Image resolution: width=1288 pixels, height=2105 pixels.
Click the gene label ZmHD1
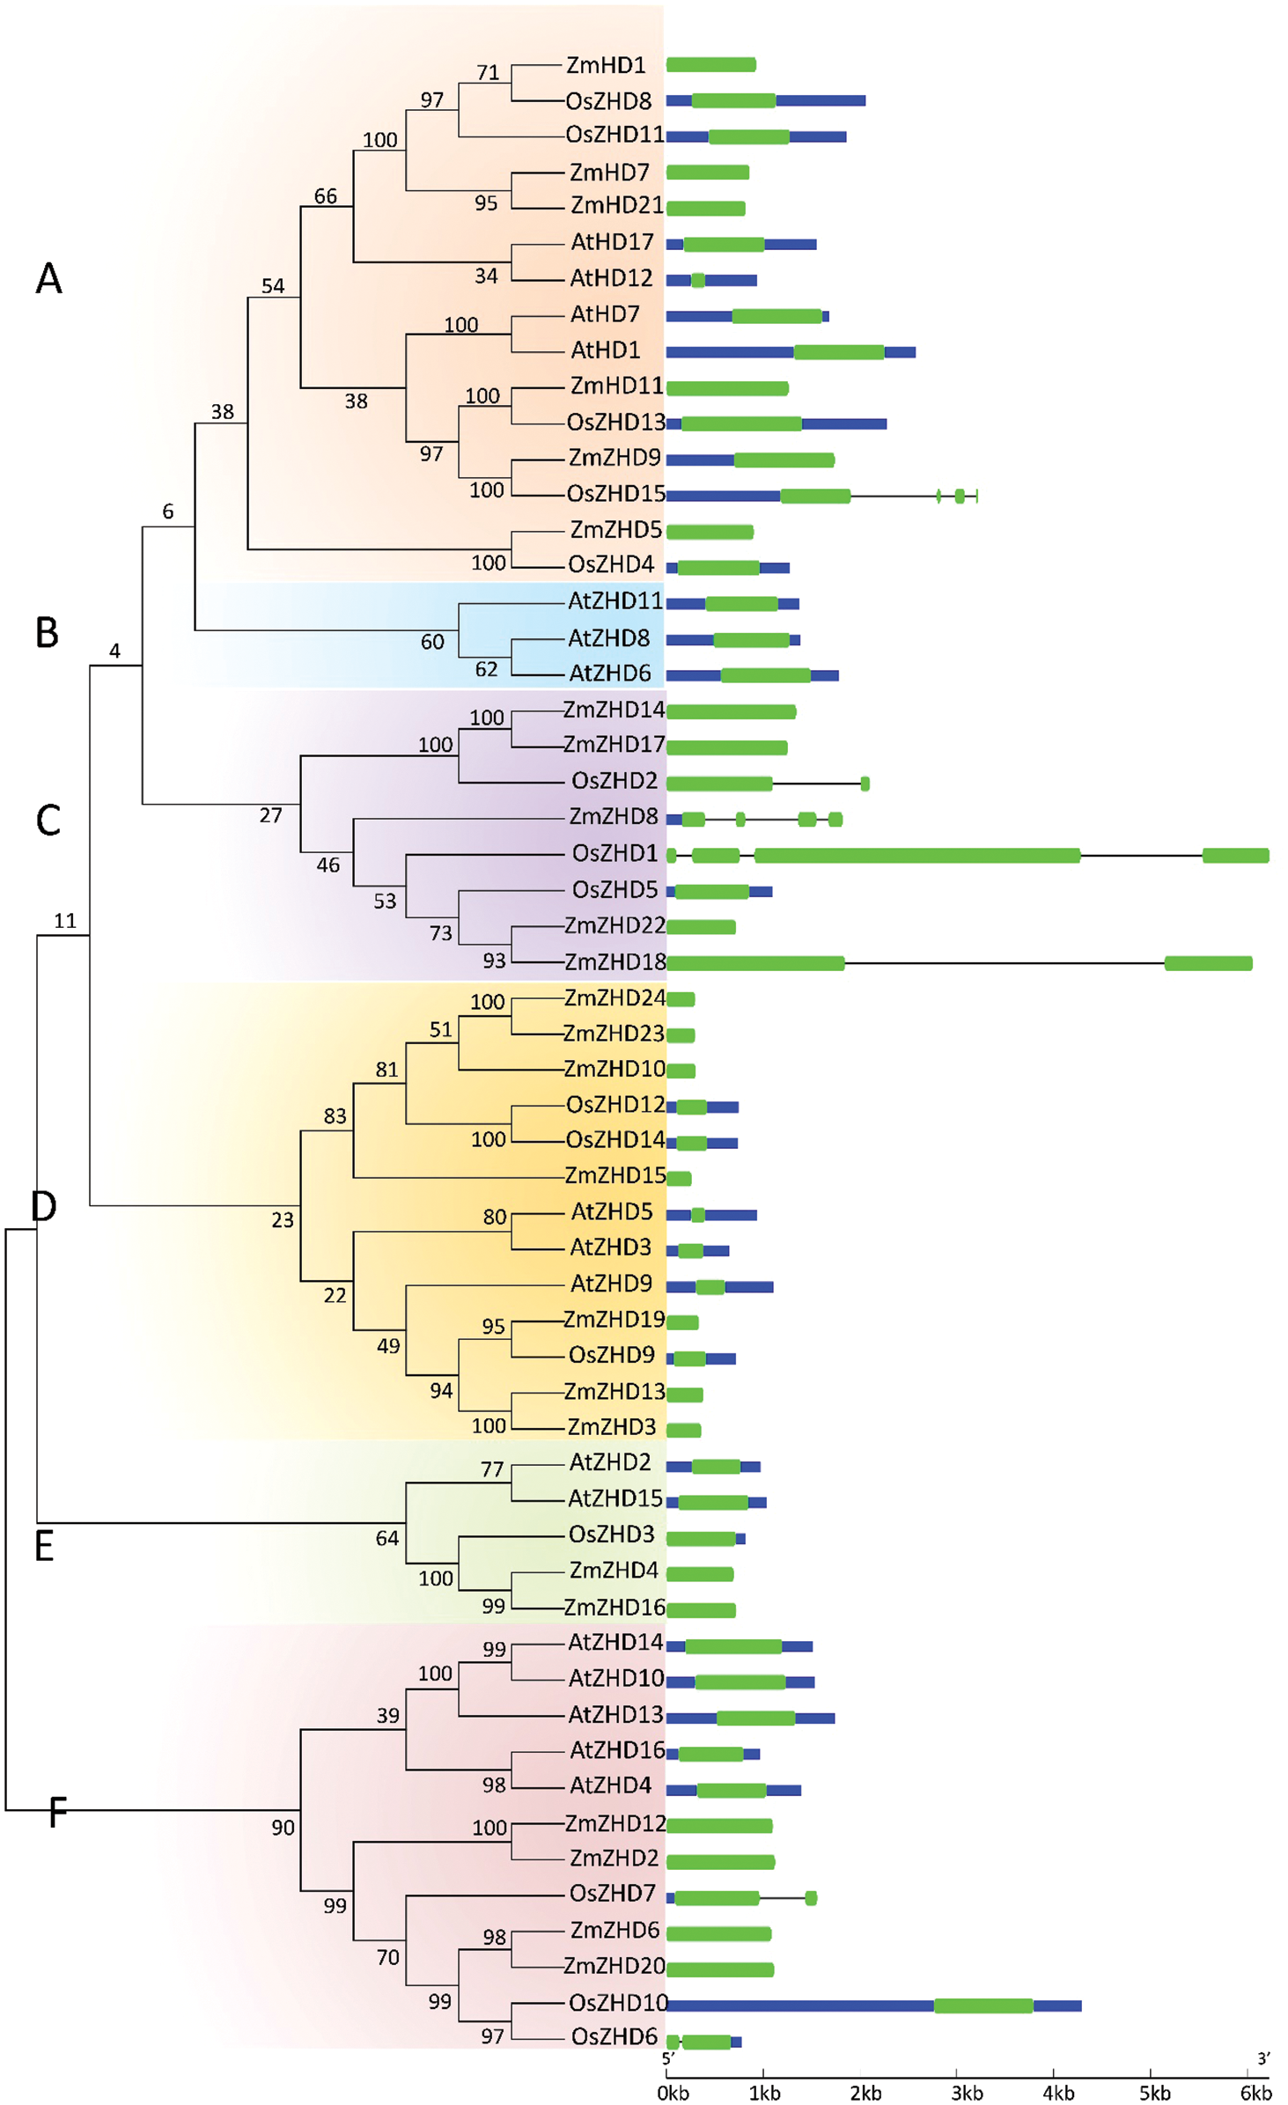606,65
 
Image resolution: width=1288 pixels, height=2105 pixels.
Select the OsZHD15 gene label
615,494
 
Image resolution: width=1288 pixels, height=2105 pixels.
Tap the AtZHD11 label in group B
615,601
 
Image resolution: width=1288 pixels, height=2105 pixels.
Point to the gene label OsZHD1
615,853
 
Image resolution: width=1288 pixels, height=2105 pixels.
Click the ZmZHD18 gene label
615,962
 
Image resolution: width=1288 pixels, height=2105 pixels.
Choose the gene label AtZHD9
611,1284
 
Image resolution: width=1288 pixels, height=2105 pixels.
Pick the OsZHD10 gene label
618,2003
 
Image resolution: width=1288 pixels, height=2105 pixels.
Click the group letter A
49,279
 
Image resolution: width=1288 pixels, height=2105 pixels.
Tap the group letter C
48,821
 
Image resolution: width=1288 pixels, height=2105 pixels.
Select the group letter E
44,1547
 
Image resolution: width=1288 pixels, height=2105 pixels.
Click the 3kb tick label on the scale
967,2093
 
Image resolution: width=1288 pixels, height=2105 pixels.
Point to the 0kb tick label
673,2093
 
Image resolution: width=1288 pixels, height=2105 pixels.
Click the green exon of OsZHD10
983,2006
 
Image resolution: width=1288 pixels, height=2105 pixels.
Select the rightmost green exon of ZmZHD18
1208,963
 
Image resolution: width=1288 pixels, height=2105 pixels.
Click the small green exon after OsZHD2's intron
865,784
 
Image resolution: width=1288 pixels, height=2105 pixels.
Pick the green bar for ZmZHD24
681,998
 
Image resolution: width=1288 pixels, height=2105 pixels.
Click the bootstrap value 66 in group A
326,196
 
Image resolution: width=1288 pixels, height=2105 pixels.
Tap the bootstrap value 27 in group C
270,815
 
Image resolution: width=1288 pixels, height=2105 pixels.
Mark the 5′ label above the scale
668,2058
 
